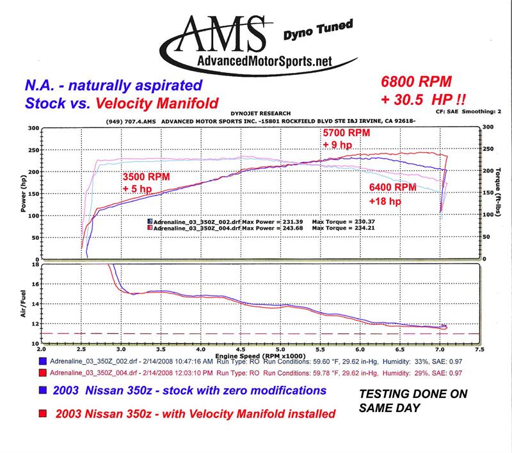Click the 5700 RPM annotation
pos(346,132)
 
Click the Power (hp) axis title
pos(24,193)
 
